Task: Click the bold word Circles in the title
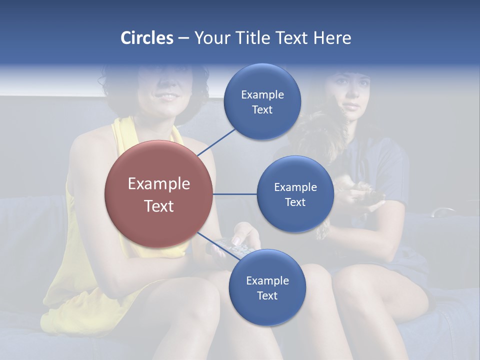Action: coord(146,38)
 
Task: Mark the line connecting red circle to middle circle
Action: coord(235,194)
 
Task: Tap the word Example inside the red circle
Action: coord(158,184)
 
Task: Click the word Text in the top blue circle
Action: coord(262,110)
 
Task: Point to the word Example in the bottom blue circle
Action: coord(267,281)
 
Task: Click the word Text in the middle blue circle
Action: coord(295,202)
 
